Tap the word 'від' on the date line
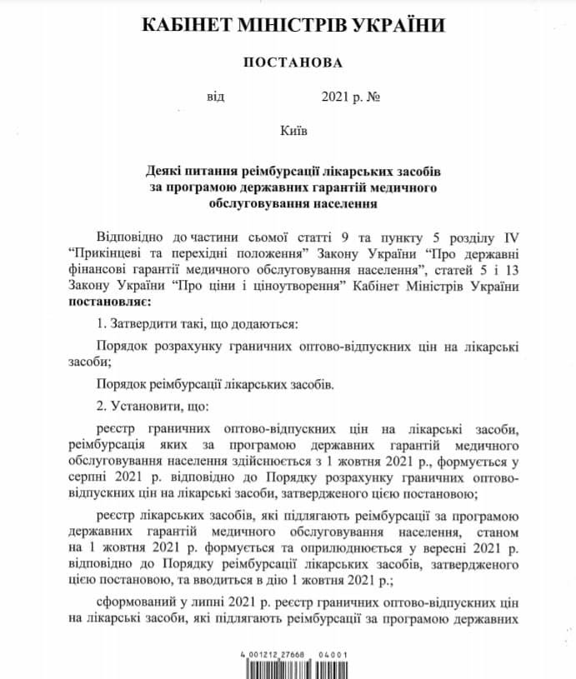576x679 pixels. click(216, 97)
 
